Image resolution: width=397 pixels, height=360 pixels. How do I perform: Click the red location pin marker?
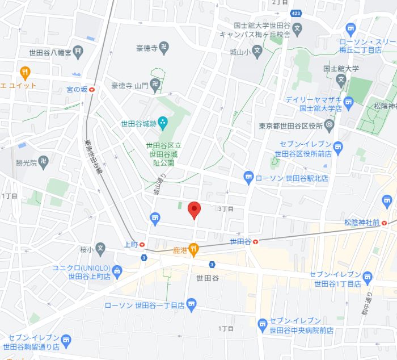194,210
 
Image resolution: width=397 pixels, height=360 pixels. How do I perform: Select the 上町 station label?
130,245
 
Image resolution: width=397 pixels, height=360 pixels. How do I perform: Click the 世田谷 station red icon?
256,241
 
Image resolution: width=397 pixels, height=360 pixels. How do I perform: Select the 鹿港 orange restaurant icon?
193,248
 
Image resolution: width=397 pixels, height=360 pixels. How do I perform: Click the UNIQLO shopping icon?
117,270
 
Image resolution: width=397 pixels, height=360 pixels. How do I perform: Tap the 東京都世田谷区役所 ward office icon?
330,125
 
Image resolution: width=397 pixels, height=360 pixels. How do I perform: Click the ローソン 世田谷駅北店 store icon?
248,178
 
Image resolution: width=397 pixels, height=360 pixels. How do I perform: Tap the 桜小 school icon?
100,249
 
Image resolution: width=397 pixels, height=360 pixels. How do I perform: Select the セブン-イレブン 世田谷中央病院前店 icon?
262,325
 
